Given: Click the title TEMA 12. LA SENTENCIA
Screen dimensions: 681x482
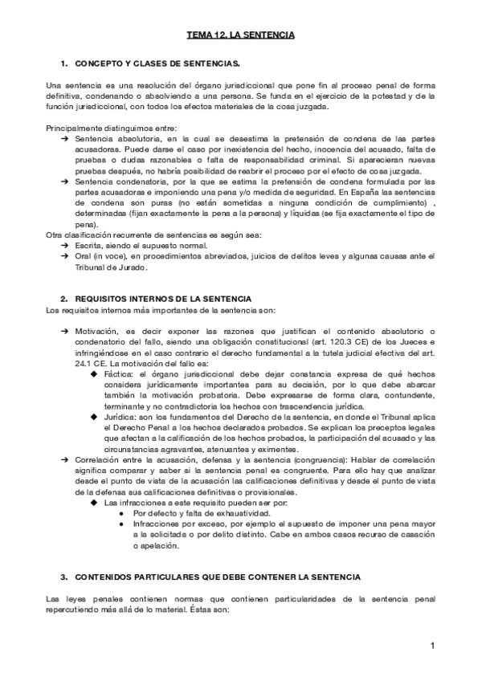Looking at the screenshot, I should (x=240, y=35).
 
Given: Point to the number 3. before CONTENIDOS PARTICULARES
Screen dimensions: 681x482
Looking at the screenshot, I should (x=64, y=577).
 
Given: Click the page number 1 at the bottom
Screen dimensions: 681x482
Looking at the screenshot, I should (x=431, y=646).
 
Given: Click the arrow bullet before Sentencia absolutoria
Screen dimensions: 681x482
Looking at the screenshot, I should (x=64, y=139).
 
